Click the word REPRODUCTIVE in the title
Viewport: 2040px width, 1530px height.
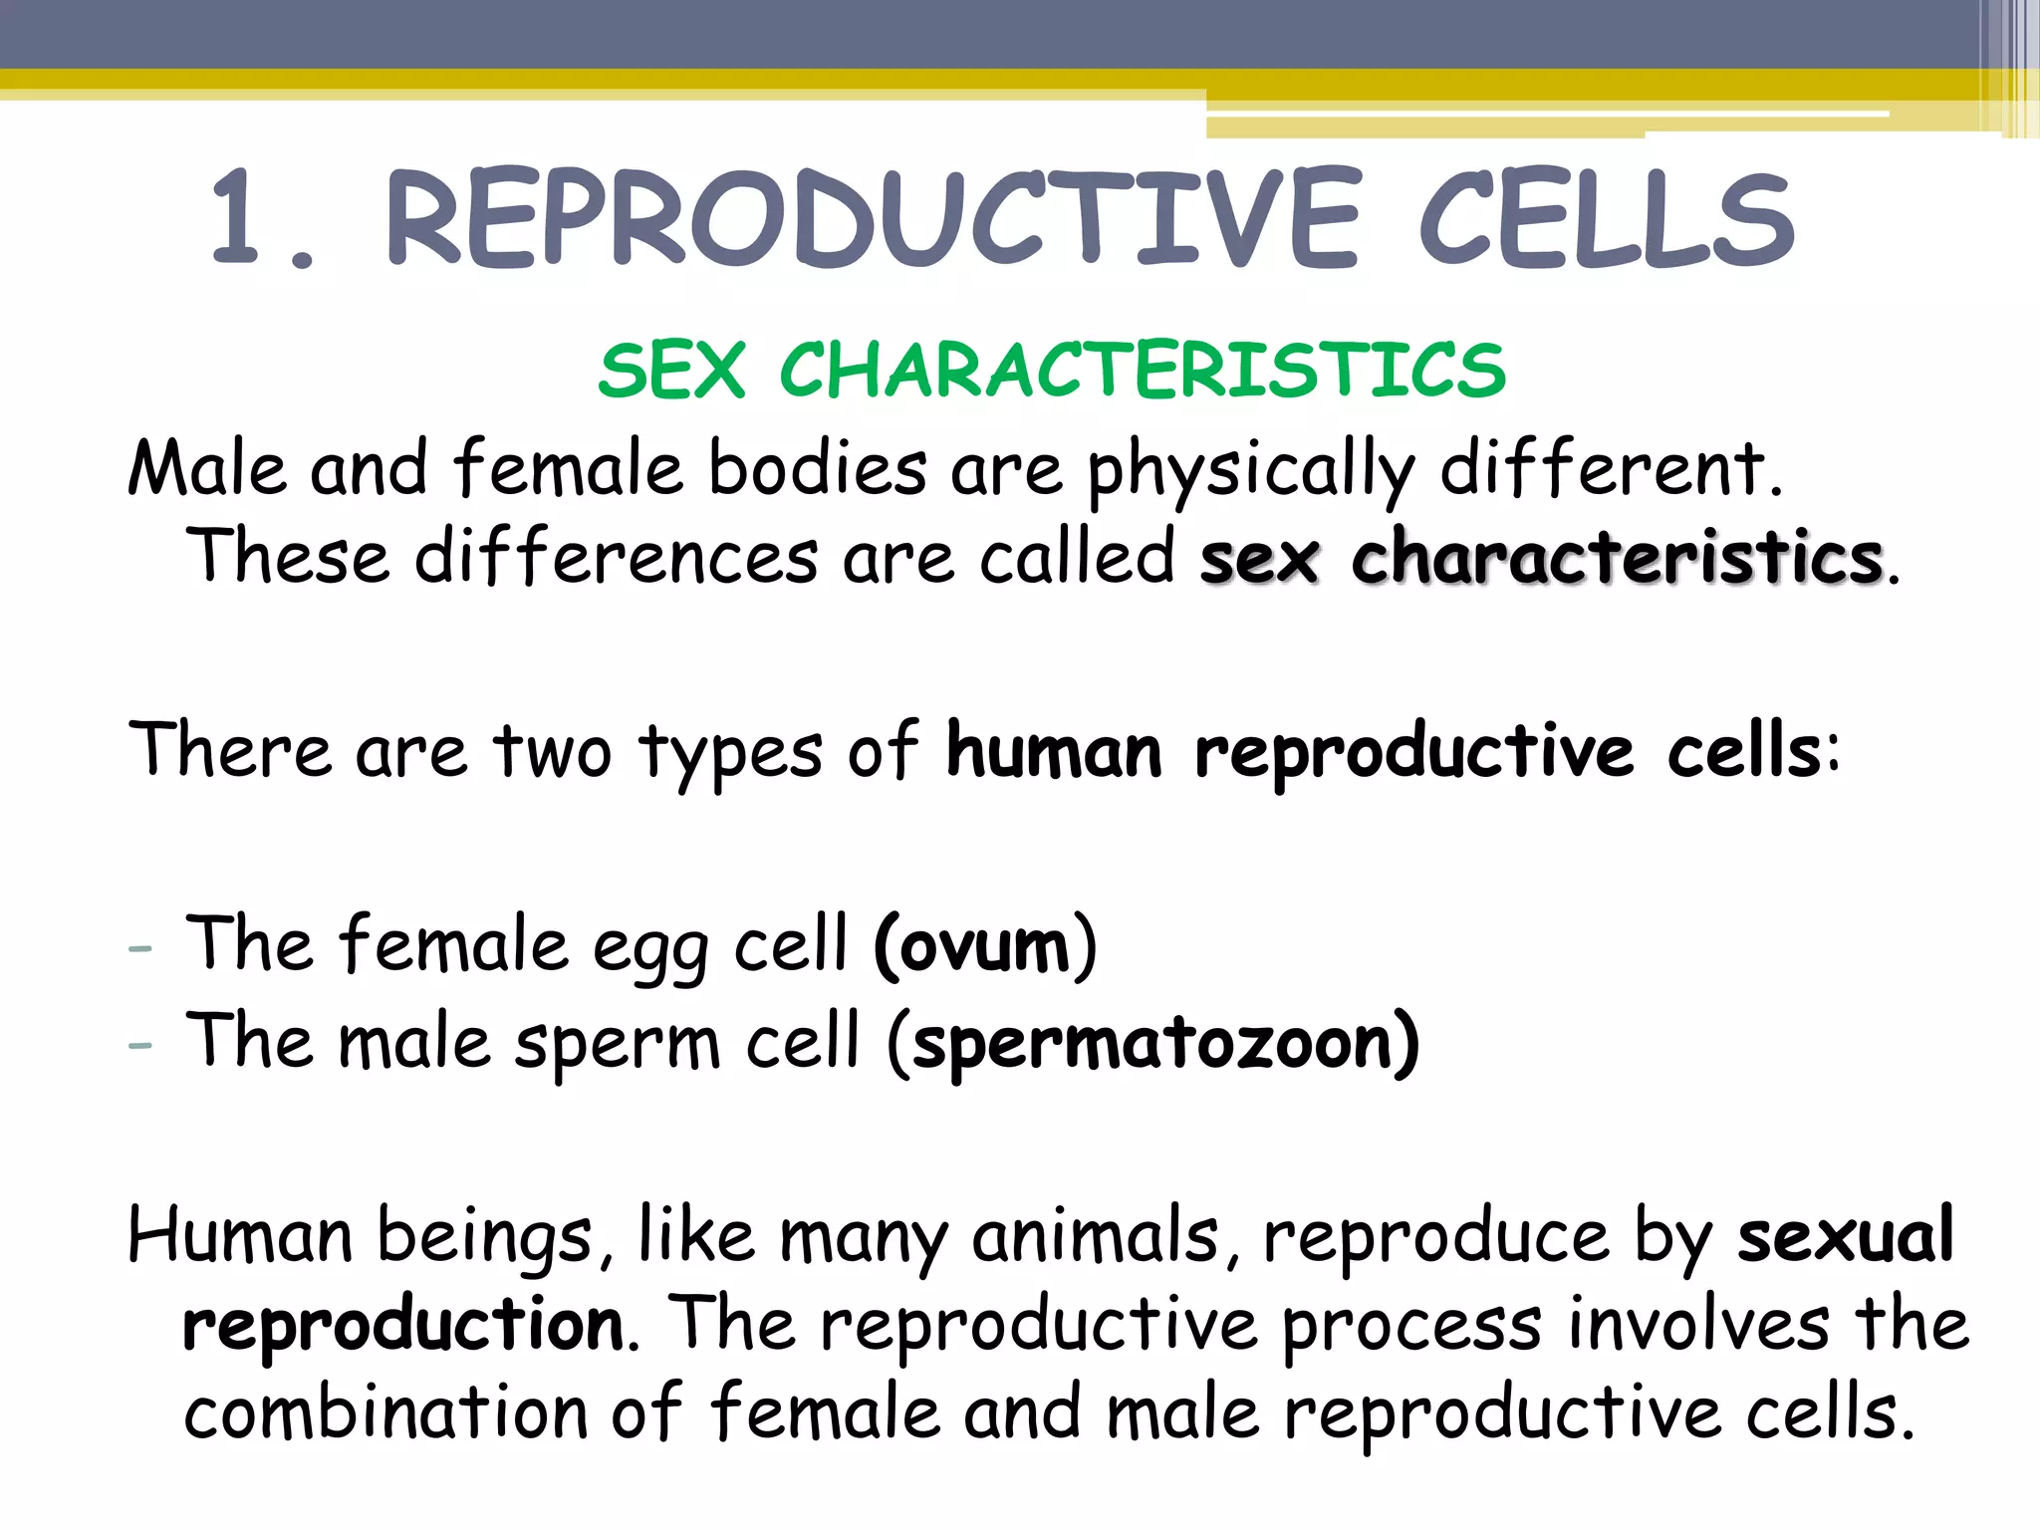(873, 219)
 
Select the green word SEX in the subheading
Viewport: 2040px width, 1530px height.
(671, 371)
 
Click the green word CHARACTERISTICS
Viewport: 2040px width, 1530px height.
(1143, 371)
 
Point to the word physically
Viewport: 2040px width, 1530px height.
(1250, 471)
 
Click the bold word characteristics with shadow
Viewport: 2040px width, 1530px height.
(1617, 558)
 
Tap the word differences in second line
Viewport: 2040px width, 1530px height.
(616, 558)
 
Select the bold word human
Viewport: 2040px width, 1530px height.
(1054, 751)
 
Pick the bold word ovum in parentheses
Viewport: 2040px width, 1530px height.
(984, 945)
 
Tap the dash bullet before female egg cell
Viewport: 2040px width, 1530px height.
(140, 948)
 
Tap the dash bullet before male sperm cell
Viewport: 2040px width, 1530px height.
(140, 1045)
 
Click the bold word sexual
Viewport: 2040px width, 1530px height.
(1845, 1236)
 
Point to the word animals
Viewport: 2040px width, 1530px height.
(1095, 1236)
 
